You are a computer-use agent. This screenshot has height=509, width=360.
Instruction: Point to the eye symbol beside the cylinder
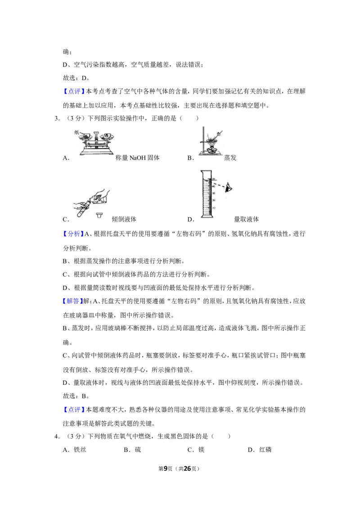click(229, 188)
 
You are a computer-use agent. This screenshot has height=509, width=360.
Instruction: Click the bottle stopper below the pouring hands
click(99, 215)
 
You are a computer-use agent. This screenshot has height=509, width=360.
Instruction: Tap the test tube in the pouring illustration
click(81, 210)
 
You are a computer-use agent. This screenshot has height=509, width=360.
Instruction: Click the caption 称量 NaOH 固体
click(137, 158)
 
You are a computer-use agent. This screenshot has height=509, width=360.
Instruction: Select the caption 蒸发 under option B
click(230, 158)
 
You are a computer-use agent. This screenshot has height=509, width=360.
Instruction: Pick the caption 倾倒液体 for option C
click(124, 219)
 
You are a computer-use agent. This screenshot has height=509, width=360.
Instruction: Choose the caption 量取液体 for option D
click(246, 219)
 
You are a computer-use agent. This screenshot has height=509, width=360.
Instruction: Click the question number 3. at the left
click(57, 119)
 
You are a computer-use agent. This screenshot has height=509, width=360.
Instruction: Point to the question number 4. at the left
click(57, 437)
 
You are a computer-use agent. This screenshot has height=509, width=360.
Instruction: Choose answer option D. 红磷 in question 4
click(260, 450)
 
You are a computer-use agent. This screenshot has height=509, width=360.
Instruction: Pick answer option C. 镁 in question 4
click(196, 450)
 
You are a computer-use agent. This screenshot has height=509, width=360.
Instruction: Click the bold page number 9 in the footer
click(166, 469)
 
